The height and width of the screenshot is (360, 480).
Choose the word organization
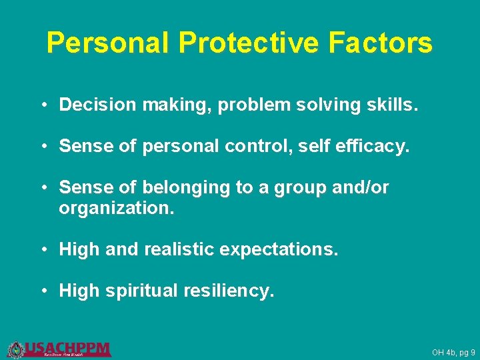(x=117, y=208)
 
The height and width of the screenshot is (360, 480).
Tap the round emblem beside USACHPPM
(x=15, y=349)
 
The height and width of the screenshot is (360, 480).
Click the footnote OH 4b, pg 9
(x=453, y=352)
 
